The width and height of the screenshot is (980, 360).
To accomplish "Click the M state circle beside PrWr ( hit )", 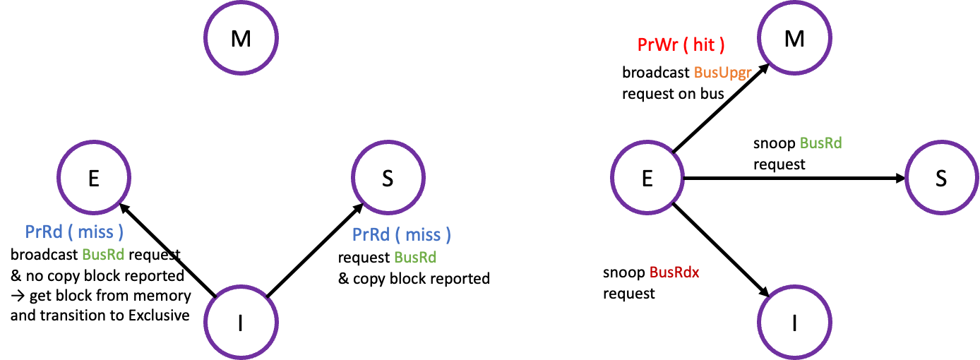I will coord(794,39).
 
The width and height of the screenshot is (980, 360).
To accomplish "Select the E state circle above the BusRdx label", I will coord(647,178).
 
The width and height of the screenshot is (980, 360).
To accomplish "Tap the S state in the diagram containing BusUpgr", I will coord(941,178).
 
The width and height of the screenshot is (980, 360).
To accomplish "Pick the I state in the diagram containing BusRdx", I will coord(794,323).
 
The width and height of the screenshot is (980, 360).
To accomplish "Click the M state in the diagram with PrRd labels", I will coord(241,39).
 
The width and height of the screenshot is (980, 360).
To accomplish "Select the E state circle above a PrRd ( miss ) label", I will coord(93,178).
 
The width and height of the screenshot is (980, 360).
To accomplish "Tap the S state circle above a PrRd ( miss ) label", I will coord(388,178).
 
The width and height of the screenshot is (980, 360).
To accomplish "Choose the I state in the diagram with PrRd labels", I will coord(241,323).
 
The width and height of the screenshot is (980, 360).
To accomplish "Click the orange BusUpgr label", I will coord(722,73).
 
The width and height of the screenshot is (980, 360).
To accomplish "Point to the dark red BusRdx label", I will coord(674,272).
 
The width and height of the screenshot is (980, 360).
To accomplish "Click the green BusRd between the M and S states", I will coord(820,143).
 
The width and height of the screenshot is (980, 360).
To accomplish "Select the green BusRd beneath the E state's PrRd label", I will coord(103,255).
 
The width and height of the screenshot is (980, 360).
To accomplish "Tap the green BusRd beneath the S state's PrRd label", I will coord(415,258).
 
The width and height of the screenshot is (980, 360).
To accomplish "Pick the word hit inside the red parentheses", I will coord(703,46).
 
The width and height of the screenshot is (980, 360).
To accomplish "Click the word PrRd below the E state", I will coord(44,232).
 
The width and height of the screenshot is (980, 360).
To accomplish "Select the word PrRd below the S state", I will coord(371,235).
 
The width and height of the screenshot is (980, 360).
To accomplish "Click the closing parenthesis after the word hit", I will coord(722,46).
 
